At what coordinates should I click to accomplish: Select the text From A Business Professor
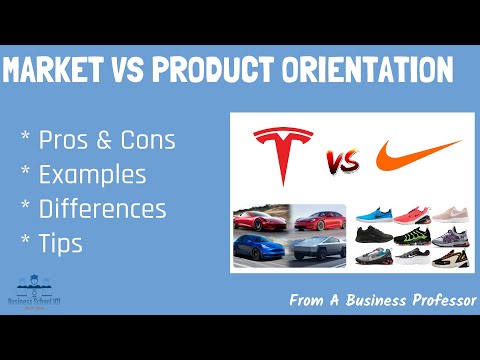pos(382,299)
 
